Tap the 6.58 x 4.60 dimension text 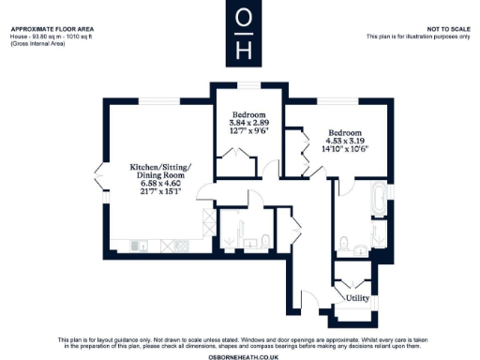coord(159,184)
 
